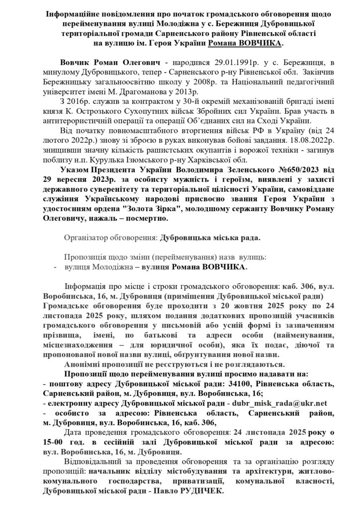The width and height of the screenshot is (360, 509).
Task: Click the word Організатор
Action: point(87,238)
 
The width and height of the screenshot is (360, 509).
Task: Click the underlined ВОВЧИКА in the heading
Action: point(259,44)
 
